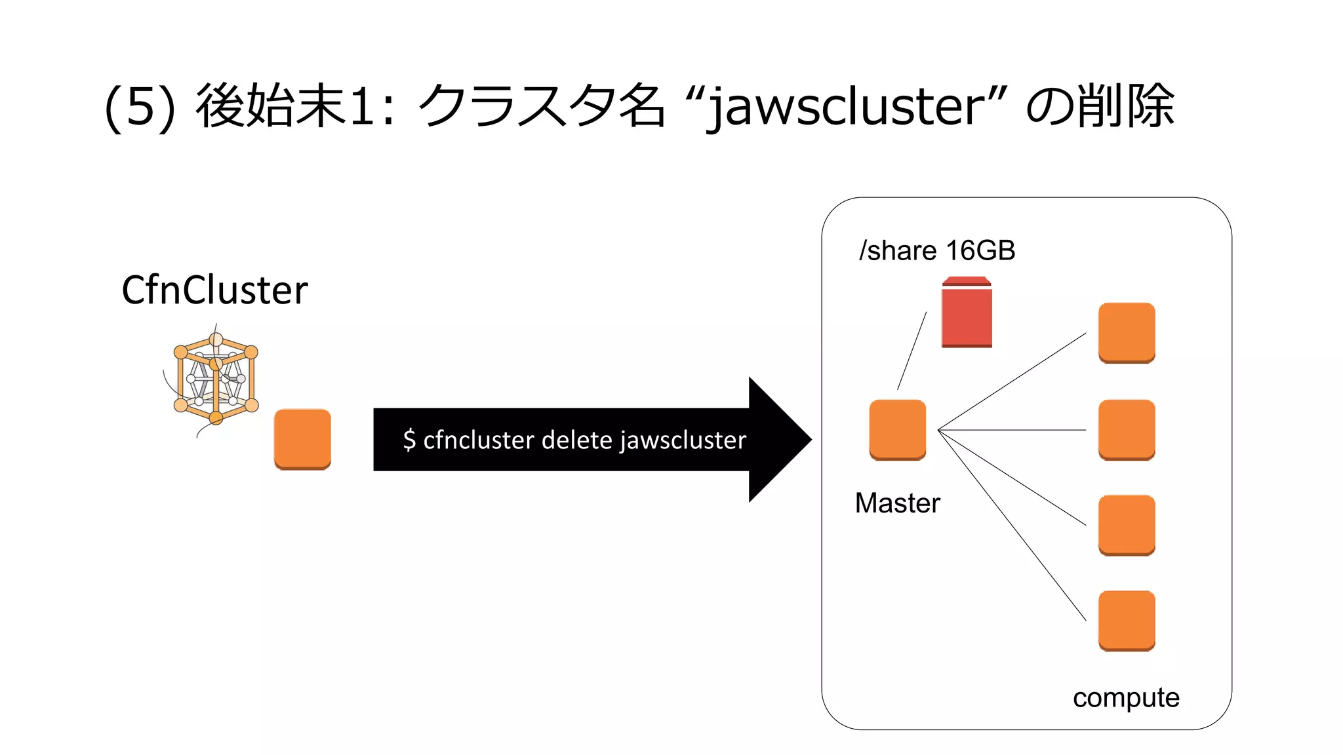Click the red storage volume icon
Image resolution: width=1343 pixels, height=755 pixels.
point(967,313)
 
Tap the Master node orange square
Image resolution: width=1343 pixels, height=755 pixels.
point(897,430)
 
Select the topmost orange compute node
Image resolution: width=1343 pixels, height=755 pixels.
point(1127,332)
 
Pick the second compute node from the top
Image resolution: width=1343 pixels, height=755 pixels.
point(1127,430)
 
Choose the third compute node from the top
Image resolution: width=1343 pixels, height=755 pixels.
point(1127,525)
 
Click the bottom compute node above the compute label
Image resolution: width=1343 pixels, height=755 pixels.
point(1127,621)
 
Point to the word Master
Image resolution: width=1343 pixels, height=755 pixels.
point(897,503)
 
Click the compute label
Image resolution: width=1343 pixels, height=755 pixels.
point(1126,698)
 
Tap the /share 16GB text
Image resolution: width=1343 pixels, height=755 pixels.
point(937,251)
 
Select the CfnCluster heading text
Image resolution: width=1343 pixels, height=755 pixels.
point(214,290)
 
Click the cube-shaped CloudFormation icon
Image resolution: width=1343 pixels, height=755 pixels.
point(215,379)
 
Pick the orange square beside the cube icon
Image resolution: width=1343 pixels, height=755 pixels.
point(302,439)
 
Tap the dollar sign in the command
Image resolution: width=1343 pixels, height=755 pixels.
point(409,440)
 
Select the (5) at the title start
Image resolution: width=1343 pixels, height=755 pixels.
point(140,107)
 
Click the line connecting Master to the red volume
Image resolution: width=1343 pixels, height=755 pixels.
point(912,351)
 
